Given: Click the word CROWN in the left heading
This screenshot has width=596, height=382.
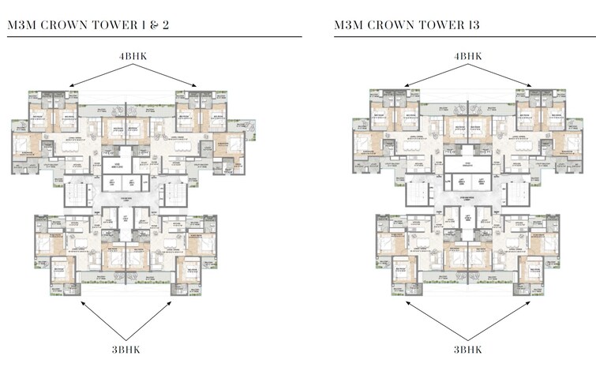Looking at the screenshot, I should [x=66, y=26].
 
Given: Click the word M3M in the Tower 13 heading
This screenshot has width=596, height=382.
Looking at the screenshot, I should [x=348, y=26].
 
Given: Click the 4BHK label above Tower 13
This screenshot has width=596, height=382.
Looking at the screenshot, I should [x=468, y=57].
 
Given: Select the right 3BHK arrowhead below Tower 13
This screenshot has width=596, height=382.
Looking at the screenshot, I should [x=532, y=301].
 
